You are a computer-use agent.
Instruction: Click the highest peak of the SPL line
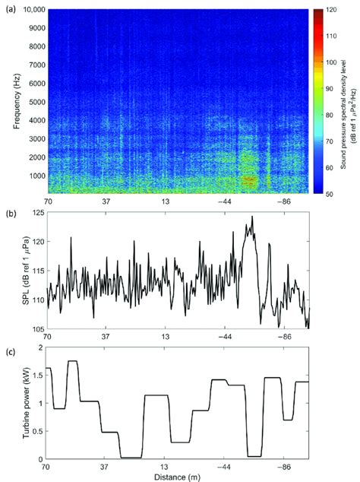pos(251,217)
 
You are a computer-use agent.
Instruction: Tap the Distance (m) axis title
pos(177,477)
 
